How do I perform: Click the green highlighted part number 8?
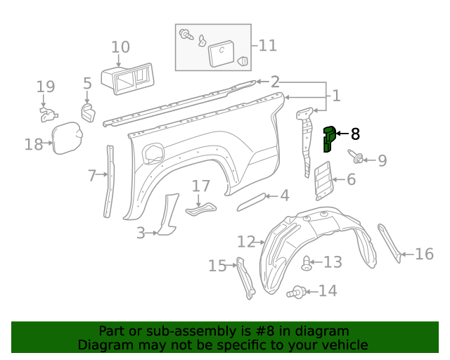[328, 139]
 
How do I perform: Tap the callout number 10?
[120, 47]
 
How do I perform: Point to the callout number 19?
[46, 87]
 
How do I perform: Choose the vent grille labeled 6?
[321, 181]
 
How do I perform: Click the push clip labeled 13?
[307, 264]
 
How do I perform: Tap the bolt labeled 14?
[297, 290]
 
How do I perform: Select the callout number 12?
[245, 242]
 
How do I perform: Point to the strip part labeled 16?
[390, 242]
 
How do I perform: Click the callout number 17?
[201, 186]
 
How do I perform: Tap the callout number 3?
[141, 232]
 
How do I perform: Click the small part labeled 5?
[87, 112]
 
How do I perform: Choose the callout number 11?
[267, 46]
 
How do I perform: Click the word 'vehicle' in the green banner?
[342, 345]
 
